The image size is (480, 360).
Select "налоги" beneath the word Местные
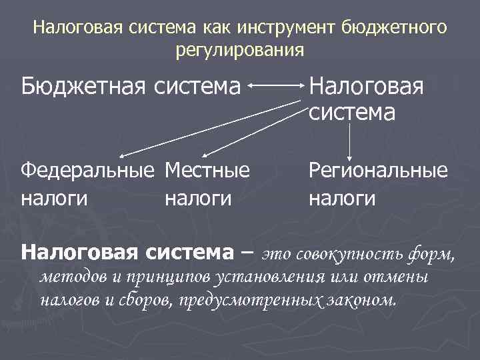(x=198, y=198)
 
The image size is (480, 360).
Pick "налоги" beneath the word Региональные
(x=341, y=198)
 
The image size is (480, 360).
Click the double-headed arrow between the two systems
(x=276, y=86)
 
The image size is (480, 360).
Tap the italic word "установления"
(x=249, y=277)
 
